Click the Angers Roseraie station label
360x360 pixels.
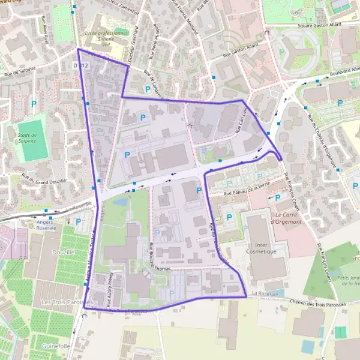point(45,224)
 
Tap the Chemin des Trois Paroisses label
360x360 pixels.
point(318,304)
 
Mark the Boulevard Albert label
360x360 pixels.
point(340,76)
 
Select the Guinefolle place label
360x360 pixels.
point(58,346)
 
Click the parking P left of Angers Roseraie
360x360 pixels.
point(79,221)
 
